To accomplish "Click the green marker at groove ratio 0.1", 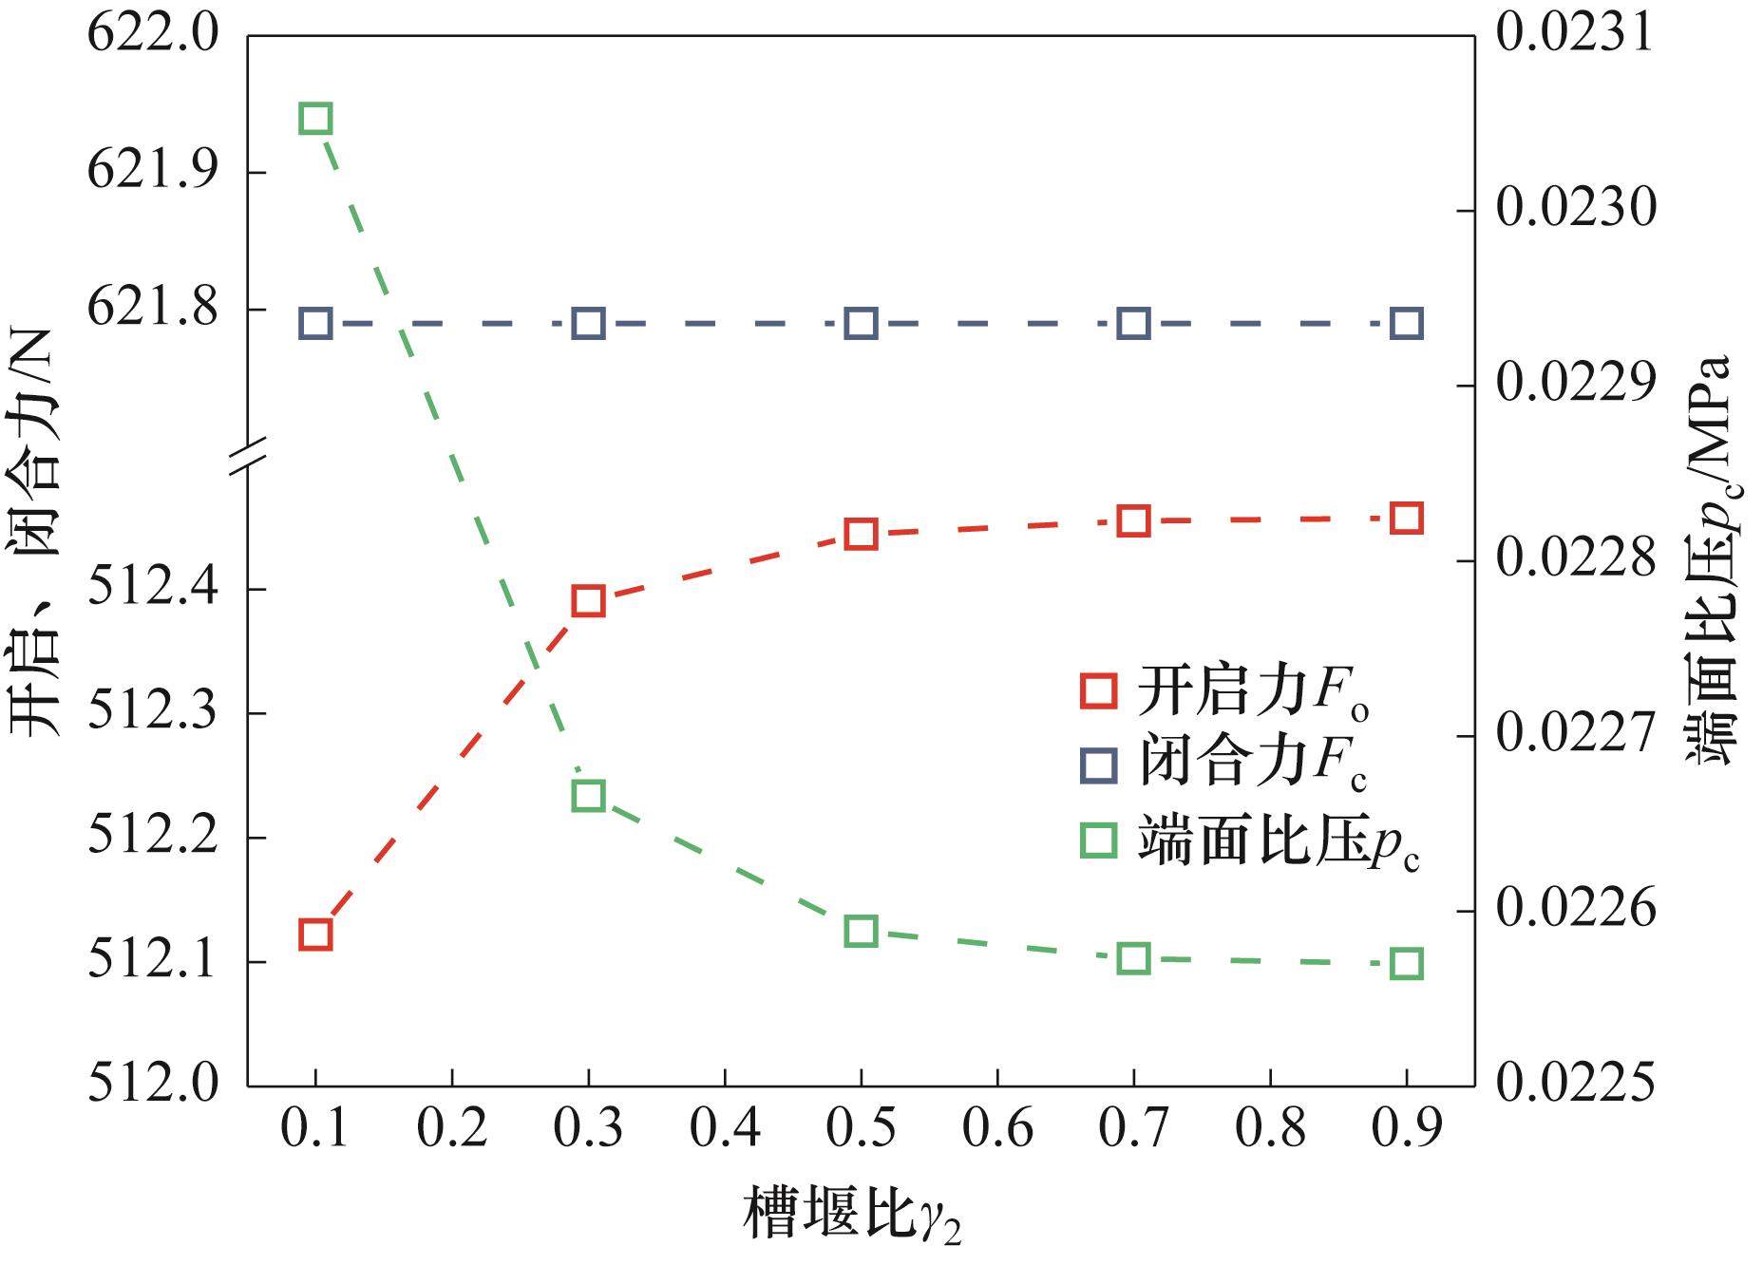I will tap(315, 120).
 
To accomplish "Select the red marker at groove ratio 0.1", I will tap(315, 935).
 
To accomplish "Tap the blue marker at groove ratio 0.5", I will tap(861, 324).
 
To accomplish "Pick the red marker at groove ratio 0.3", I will tap(589, 601).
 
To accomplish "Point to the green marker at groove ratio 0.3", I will tap(589, 795).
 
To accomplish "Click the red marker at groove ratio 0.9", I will tap(1407, 519).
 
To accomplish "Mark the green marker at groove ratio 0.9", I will tap(1407, 964).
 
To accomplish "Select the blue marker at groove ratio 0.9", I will tap(1407, 324).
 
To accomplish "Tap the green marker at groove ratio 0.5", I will tap(861, 931).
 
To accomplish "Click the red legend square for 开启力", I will tap(1100, 691).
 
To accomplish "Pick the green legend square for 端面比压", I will tap(1100, 840).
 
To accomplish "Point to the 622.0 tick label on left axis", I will tap(152, 36).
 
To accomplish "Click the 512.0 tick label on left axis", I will tap(152, 1085).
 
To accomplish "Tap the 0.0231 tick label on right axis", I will tap(1574, 34).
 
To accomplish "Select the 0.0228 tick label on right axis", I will tap(1574, 560).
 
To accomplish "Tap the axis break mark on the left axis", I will tap(248, 456).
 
